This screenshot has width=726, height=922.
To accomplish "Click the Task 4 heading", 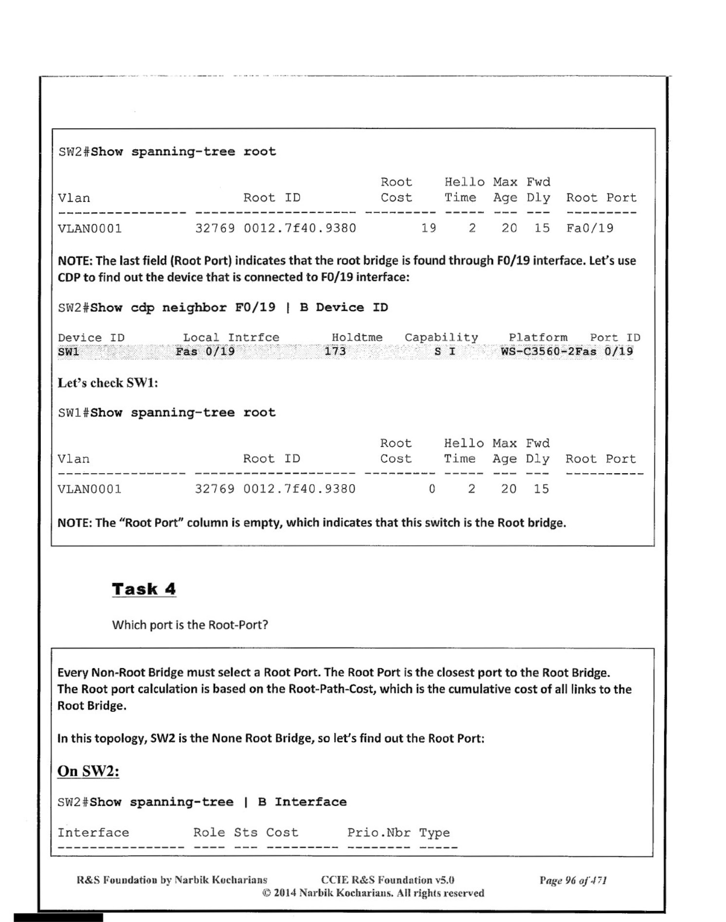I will point(144,589).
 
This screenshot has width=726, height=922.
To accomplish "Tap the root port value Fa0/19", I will point(590,228).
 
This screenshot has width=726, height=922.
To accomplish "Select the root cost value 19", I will point(428,228).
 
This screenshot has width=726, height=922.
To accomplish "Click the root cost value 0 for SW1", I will point(432,489).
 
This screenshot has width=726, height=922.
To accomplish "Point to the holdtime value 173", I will point(335,351).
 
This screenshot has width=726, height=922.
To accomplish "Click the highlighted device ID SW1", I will point(69,352).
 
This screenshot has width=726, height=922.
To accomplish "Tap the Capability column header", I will point(441,337).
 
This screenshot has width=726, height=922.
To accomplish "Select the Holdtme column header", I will point(357,337).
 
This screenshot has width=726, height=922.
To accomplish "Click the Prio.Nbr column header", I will point(379,833).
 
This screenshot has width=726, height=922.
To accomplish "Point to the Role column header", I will point(209,833).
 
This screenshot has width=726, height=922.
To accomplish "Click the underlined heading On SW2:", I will point(88,771).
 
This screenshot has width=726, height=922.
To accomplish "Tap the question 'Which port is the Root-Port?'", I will point(190,625).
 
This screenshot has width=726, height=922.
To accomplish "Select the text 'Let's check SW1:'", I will point(108,383).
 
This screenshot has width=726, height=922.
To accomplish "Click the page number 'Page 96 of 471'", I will point(573,880).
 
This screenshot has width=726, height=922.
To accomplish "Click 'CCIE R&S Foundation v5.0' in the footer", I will point(387,880).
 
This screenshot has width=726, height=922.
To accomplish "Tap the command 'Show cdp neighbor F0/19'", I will point(183,307).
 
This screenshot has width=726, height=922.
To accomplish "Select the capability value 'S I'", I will point(445,351).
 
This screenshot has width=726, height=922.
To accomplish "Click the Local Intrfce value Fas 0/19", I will point(205,351).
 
